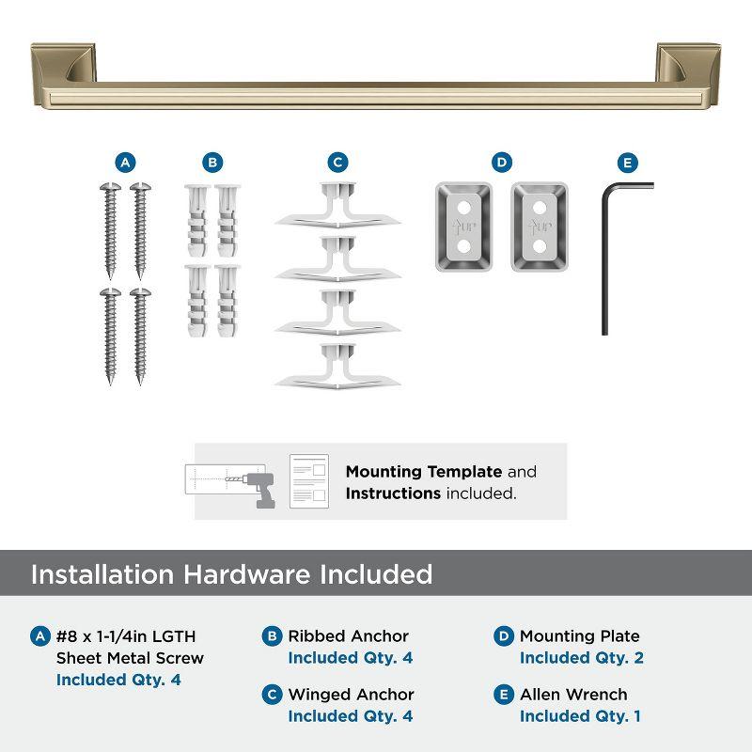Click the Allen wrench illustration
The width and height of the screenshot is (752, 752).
606,254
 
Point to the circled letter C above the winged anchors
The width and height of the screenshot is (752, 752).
337,163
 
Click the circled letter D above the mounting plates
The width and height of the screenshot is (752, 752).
502,163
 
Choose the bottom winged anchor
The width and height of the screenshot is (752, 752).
337,368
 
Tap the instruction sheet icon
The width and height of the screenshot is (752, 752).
308,480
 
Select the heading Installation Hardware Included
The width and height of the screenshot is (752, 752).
231,574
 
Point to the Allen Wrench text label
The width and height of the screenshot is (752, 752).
573,695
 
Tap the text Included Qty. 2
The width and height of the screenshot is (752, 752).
581,658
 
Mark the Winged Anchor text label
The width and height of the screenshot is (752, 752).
351,695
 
